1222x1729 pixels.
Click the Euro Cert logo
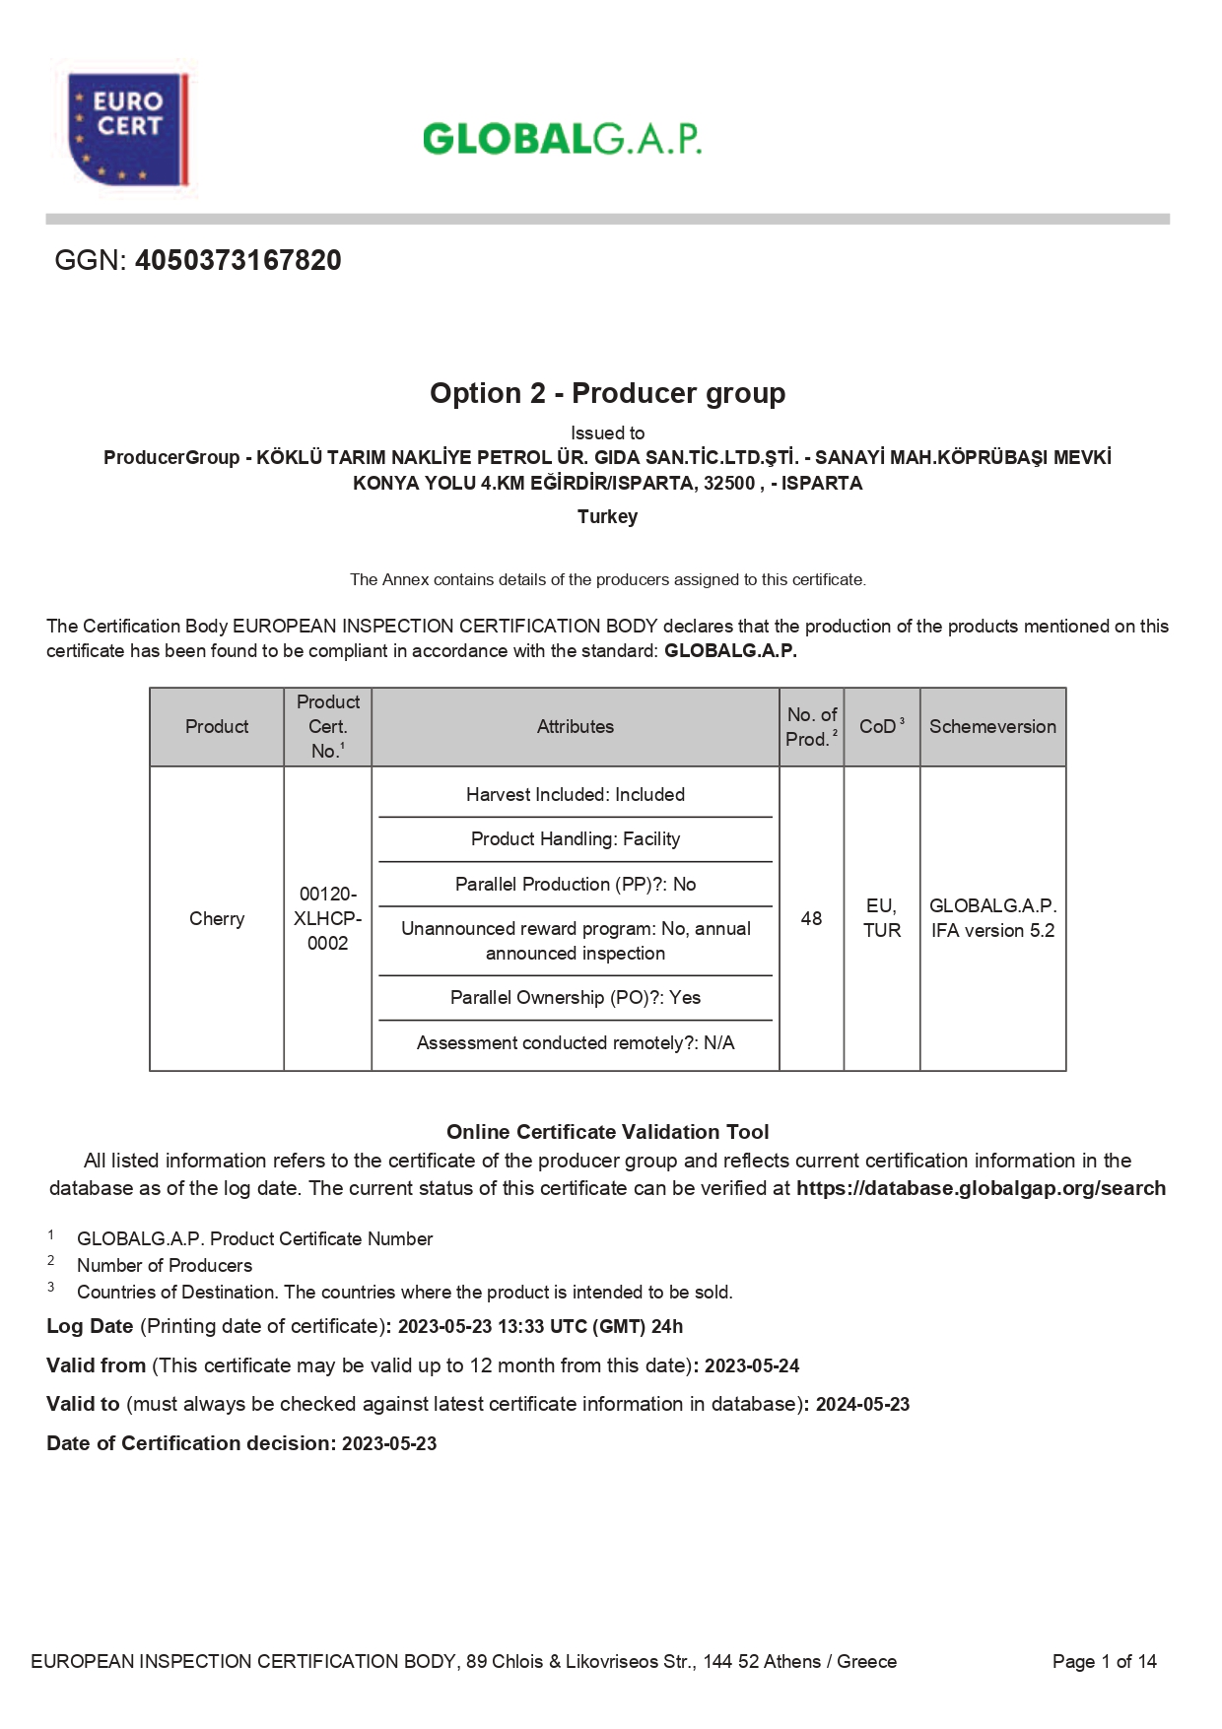click(127, 128)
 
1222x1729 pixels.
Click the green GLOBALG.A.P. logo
click(562, 139)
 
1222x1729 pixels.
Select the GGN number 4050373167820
click(238, 260)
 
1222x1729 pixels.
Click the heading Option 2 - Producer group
click(607, 393)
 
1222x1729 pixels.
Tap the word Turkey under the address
click(607, 516)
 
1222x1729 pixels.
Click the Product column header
click(217, 727)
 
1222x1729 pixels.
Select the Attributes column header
click(575, 727)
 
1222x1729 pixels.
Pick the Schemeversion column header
click(992, 727)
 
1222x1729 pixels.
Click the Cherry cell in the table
click(217, 918)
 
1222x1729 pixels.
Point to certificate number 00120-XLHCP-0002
click(327, 918)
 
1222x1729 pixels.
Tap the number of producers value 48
click(811, 918)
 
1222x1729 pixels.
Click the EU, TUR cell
click(882, 918)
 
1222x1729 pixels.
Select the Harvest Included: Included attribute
click(575, 795)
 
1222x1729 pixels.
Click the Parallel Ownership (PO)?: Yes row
click(575, 998)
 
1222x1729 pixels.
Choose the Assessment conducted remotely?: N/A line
click(575, 1043)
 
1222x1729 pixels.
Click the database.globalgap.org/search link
click(981, 1188)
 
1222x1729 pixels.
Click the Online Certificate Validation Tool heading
click(607, 1132)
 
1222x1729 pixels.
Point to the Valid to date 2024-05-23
click(862, 1405)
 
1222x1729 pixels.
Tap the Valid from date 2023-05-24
click(752, 1366)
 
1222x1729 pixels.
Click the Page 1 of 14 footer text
click(1104, 1662)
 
